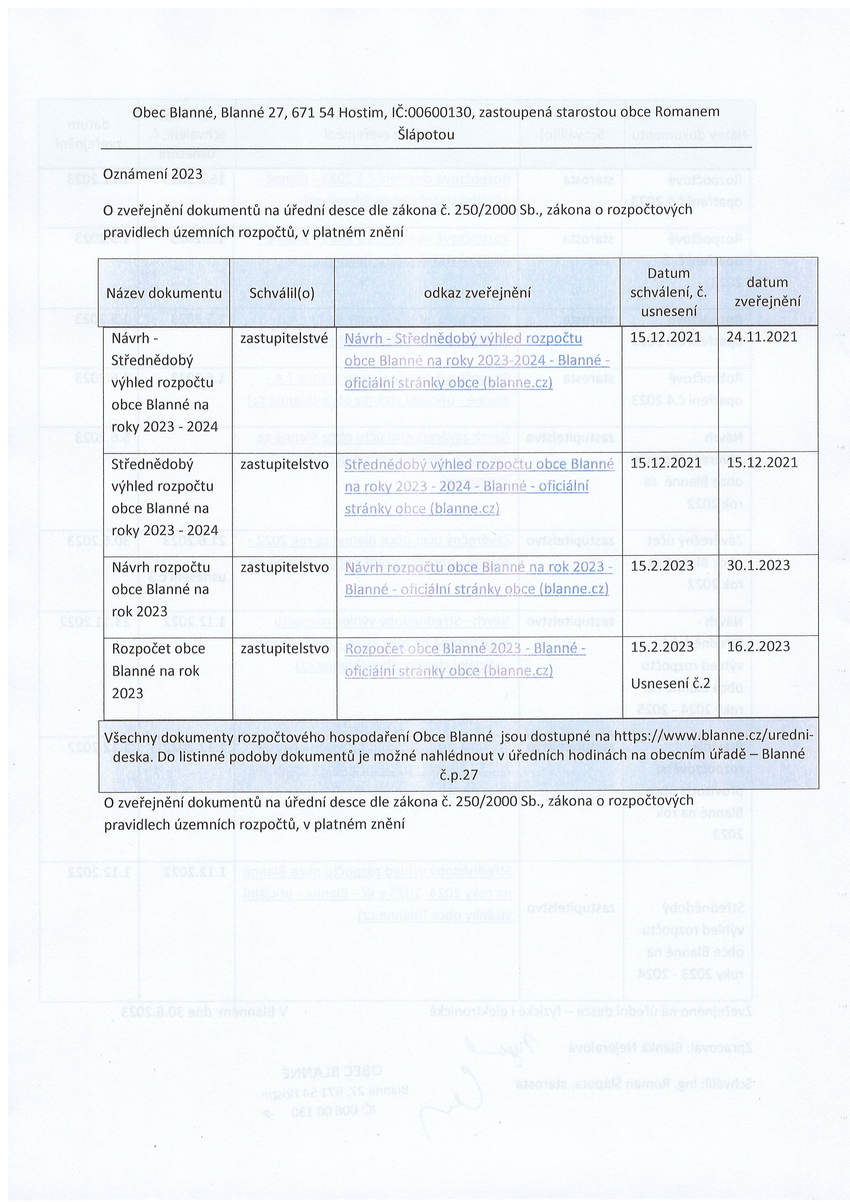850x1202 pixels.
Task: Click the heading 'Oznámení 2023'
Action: point(153,174)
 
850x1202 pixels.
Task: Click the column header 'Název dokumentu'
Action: point(164,293)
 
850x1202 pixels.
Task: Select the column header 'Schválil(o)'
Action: point(282,293)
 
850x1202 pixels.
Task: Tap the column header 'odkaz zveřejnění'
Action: point(477,293)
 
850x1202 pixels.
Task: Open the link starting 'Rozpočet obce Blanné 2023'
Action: point(464,659)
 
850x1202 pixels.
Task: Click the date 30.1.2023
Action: point(758,565)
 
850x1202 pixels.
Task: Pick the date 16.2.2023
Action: point(758,647)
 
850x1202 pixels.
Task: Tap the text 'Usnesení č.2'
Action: point(670,683)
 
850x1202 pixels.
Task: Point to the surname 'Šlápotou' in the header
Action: point(425,135)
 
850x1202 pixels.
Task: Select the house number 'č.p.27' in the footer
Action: point(459,775)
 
